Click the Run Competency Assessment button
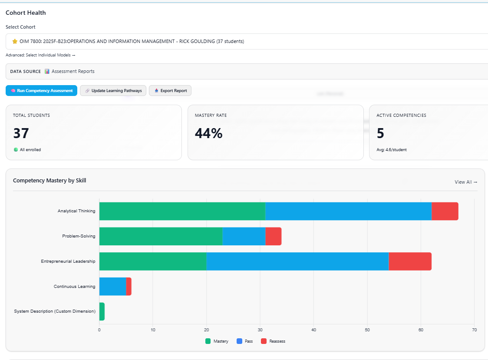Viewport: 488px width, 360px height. tap(41, 91)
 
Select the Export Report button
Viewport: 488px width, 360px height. tap(170, 91)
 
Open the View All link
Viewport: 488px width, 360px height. tap(466, 182)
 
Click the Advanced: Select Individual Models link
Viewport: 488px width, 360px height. tap(40, 55)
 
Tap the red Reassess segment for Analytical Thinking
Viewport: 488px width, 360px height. tap(445, 211)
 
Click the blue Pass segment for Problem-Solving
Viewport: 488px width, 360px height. tap(244, 236)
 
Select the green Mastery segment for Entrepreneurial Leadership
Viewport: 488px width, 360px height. tap(153, 261)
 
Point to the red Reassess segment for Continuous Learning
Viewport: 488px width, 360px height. tap(129, 287)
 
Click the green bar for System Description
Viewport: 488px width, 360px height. tap(102, 311)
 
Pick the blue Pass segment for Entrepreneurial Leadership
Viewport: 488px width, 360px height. tap(297, 261)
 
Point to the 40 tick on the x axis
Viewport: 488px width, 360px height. tap(313, 330)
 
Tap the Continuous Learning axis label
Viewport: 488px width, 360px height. tap(74, 287)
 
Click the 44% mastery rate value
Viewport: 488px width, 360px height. tap(208, 133)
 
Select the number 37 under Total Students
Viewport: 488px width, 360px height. tap(21, 133)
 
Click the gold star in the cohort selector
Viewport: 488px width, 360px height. tap(15, 42)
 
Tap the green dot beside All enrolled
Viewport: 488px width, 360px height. tap(16, 150)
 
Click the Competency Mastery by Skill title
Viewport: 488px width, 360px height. tap(49, 181)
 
